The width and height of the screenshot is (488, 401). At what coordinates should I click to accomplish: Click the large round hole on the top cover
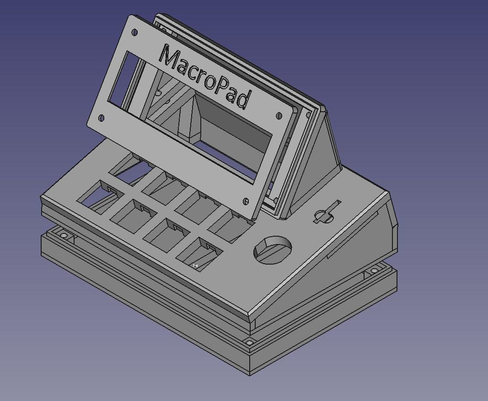(x=273, y=250)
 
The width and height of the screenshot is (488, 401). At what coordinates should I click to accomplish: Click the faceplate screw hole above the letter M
(x=135, y=33)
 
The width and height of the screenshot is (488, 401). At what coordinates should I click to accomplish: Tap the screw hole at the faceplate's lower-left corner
(x=102, y=118)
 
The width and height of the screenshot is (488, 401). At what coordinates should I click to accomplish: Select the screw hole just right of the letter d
(x=279, y=116)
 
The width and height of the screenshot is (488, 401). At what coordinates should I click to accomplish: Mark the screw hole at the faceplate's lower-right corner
(x=246, y=201)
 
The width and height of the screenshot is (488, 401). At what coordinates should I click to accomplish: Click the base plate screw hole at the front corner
(x=249, y=342)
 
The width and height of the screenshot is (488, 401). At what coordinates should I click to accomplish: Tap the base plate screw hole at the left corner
(x=64, y=236)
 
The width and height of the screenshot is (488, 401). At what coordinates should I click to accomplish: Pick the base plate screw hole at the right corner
(x=374, y=271)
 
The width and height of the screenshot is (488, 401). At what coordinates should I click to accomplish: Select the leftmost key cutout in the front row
(x=98, y=194)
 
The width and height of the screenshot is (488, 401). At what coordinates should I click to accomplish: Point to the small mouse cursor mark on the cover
(x=195, y=266)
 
